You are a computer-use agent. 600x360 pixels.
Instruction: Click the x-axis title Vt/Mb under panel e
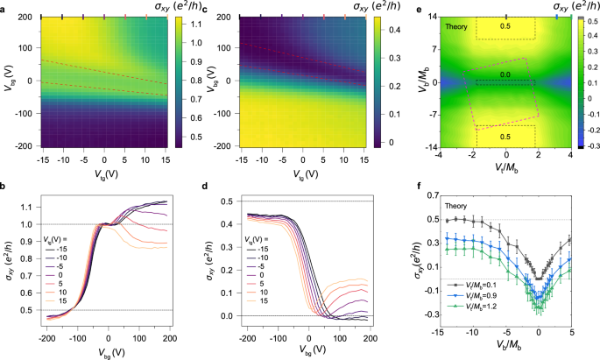coord(505,165)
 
